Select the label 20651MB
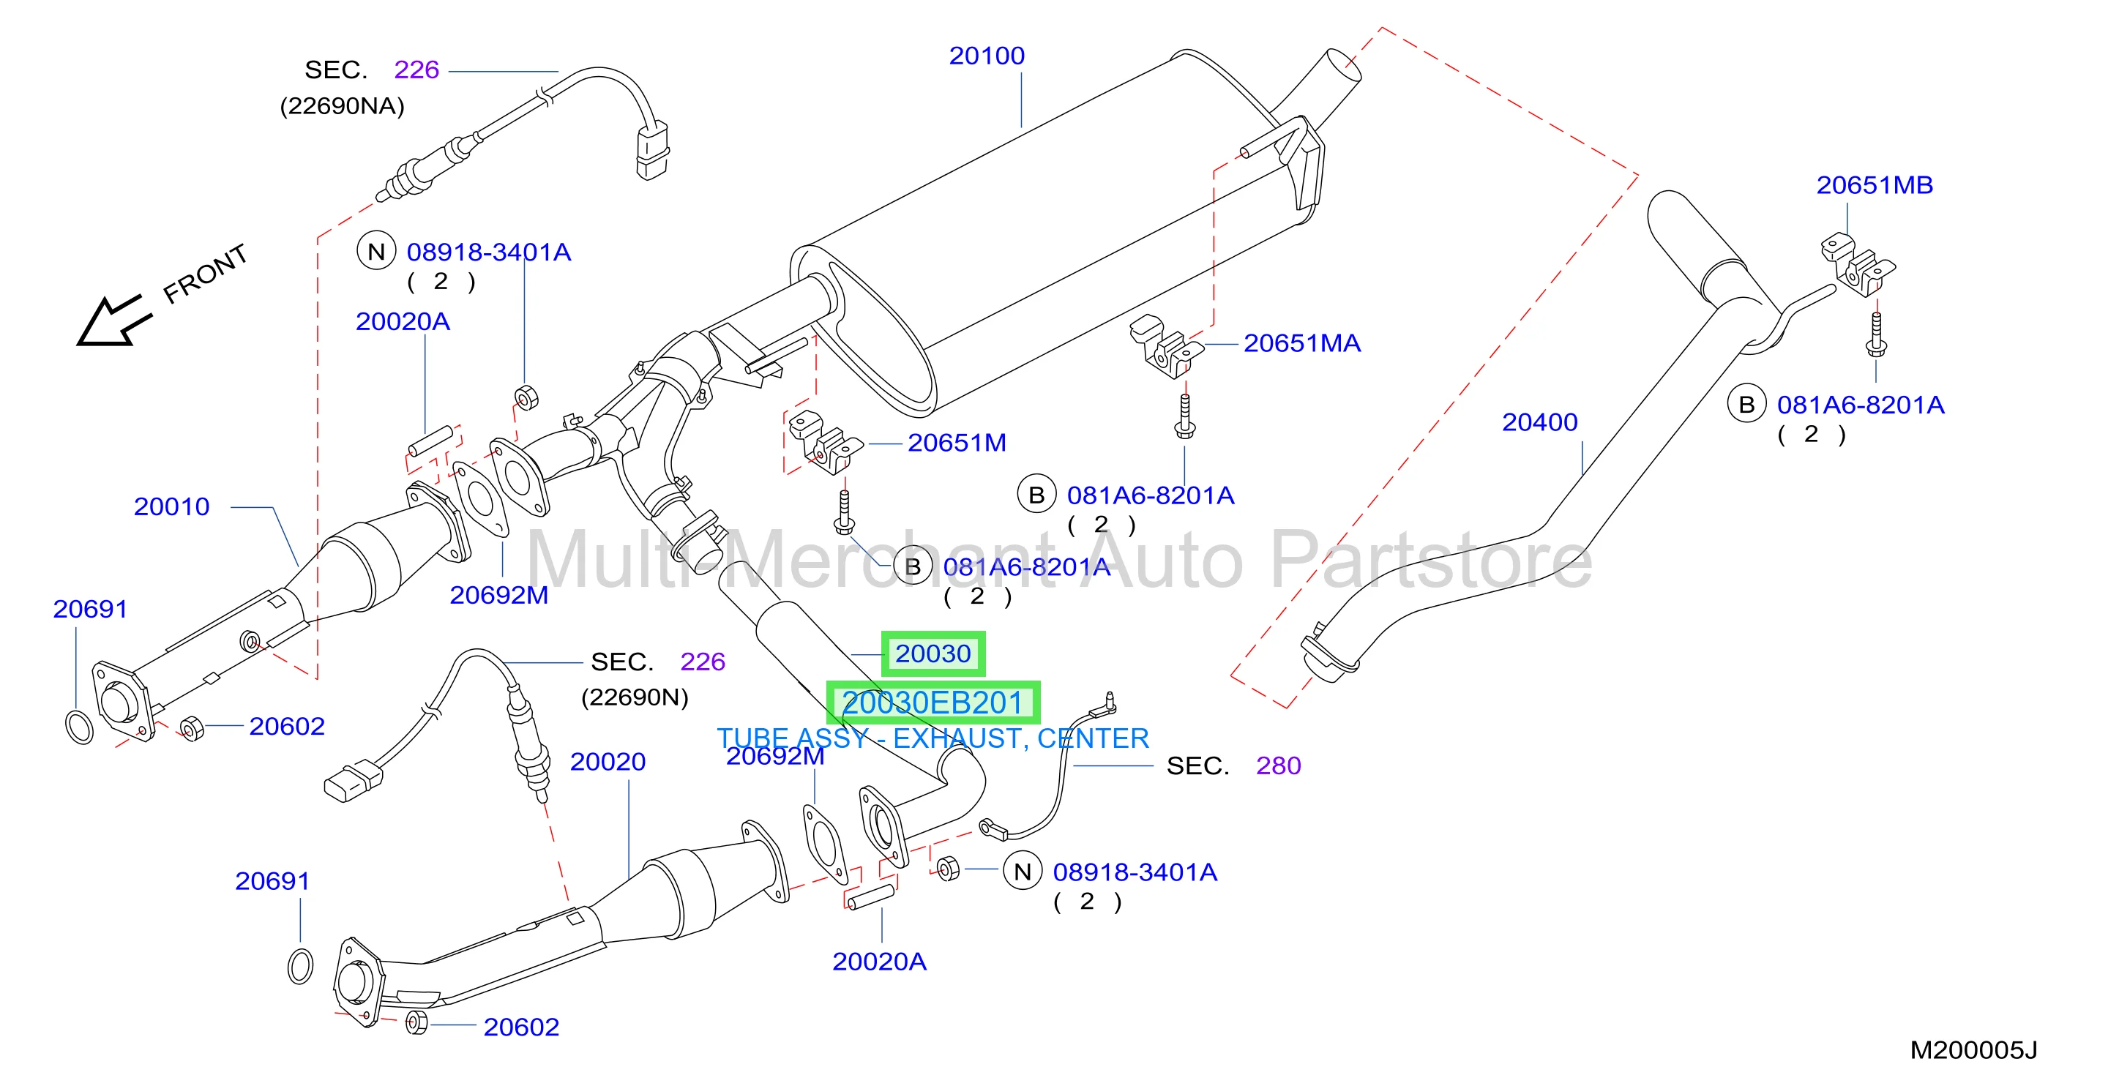[1874, 185]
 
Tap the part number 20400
[1539, 422]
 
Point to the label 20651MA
[1301, 343]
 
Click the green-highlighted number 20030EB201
[933, 703]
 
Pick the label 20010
[171, 507]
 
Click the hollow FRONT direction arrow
[113, 321]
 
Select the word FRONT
[205, 273]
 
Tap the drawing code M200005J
[1973, 1051]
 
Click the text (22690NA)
[343, 106]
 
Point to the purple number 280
[1277, 766]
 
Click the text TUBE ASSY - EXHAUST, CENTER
[933, 739]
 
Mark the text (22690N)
[634, 697]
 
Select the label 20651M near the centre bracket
[957, 443]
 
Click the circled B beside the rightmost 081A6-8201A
[1746, 404]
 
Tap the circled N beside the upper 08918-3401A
[376, 252]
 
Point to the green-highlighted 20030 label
[933, 654]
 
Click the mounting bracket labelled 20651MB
[1855, 263]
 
